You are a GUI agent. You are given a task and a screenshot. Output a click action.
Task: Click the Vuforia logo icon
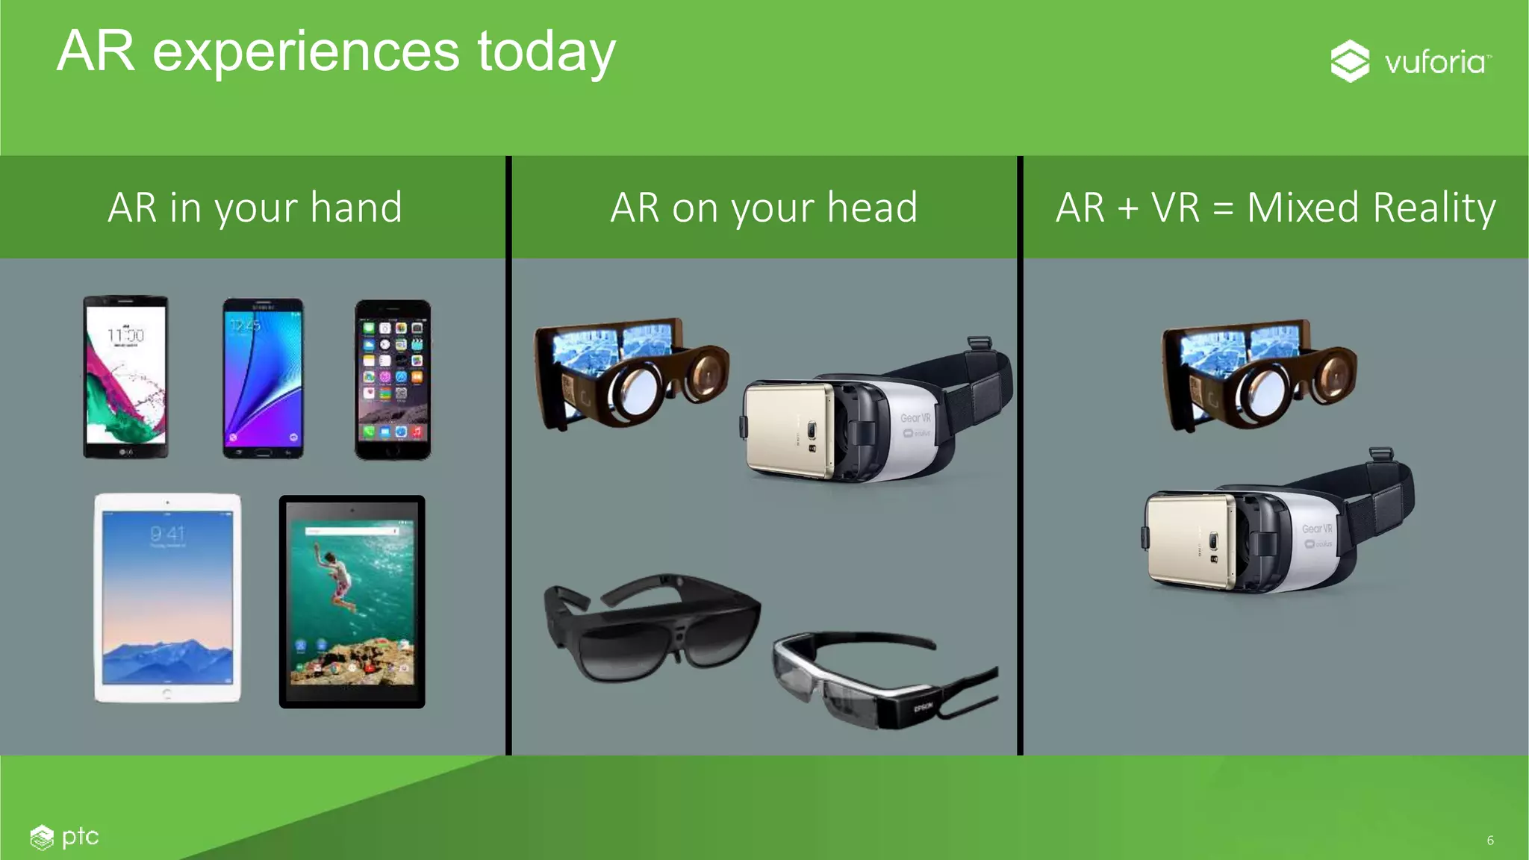coord(1350,61)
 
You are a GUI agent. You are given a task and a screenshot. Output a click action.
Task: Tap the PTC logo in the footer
coord(65,837)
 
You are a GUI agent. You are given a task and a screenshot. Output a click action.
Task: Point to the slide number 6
coord(1490,841)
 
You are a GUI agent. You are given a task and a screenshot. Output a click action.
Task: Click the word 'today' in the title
coord(546,52)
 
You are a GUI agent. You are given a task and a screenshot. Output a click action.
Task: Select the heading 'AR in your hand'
coord(255,208)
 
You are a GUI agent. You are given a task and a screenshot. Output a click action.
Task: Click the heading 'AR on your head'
coord(764,208)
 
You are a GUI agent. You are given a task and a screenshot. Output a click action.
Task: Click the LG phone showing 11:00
coord(125,377)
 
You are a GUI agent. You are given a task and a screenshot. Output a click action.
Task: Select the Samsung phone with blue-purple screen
coord(263,378)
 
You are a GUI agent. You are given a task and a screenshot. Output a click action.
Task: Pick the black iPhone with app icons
coord(393,380)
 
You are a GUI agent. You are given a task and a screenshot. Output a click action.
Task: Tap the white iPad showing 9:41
coord(167,597)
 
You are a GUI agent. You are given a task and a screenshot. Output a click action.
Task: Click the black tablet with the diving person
coord(352,602)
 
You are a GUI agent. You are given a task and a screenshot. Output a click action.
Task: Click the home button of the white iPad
coord(167,694)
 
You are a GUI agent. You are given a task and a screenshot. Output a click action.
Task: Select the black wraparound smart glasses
coord(651,627)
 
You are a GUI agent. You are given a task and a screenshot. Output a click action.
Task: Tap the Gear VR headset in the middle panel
coord(881,418)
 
